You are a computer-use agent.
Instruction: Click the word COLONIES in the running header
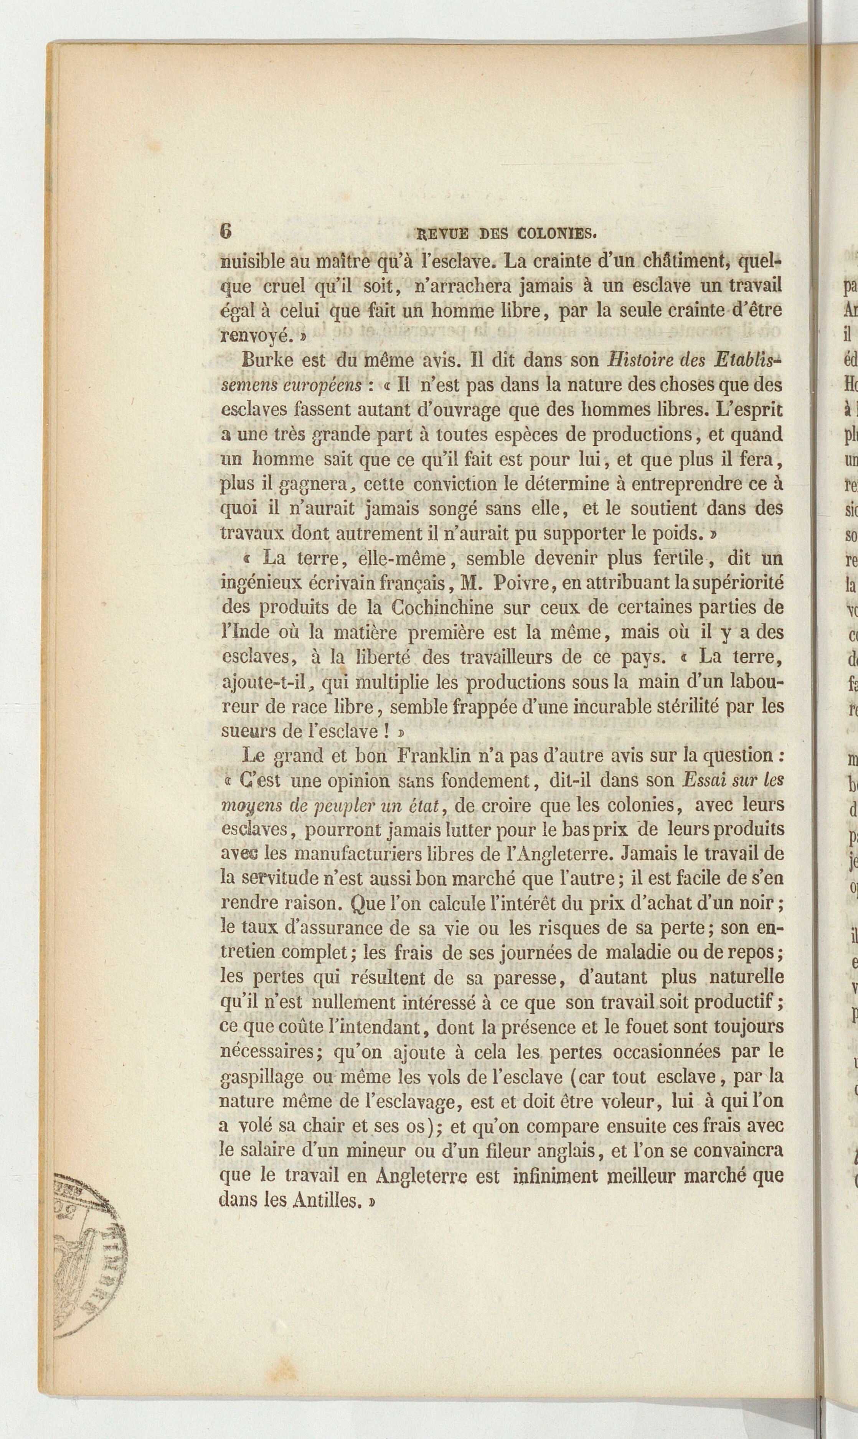click(556, 234)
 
